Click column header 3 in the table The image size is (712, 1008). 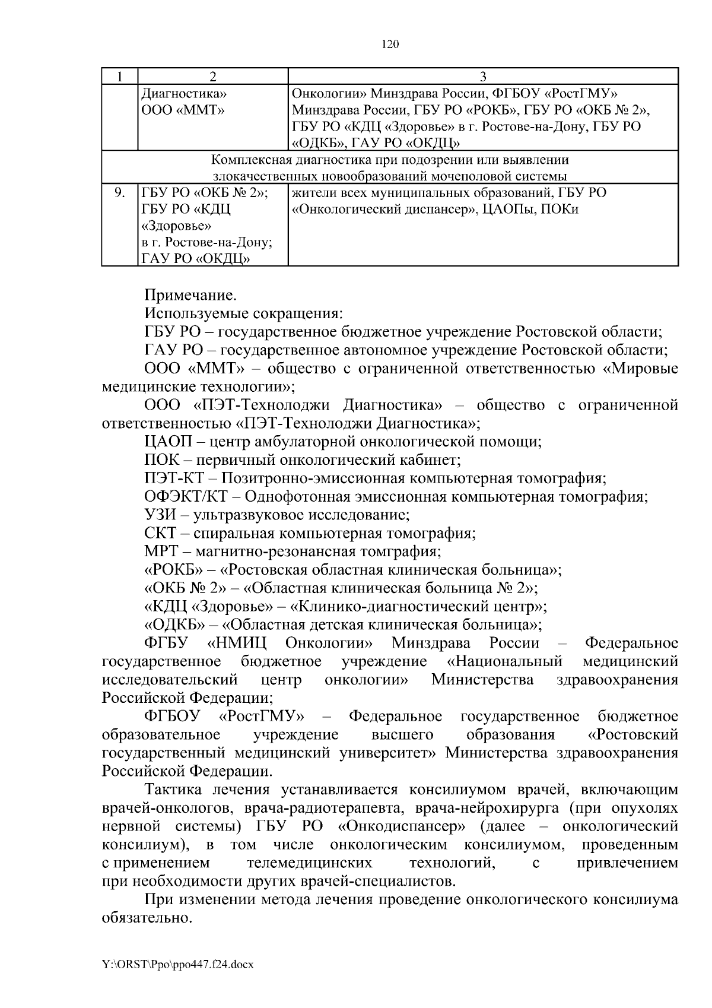pos(483,76)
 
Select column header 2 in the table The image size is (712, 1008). pos(212,76)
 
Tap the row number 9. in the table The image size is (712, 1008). pos(119,193)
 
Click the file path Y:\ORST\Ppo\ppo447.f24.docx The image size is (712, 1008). pos(178,965)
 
